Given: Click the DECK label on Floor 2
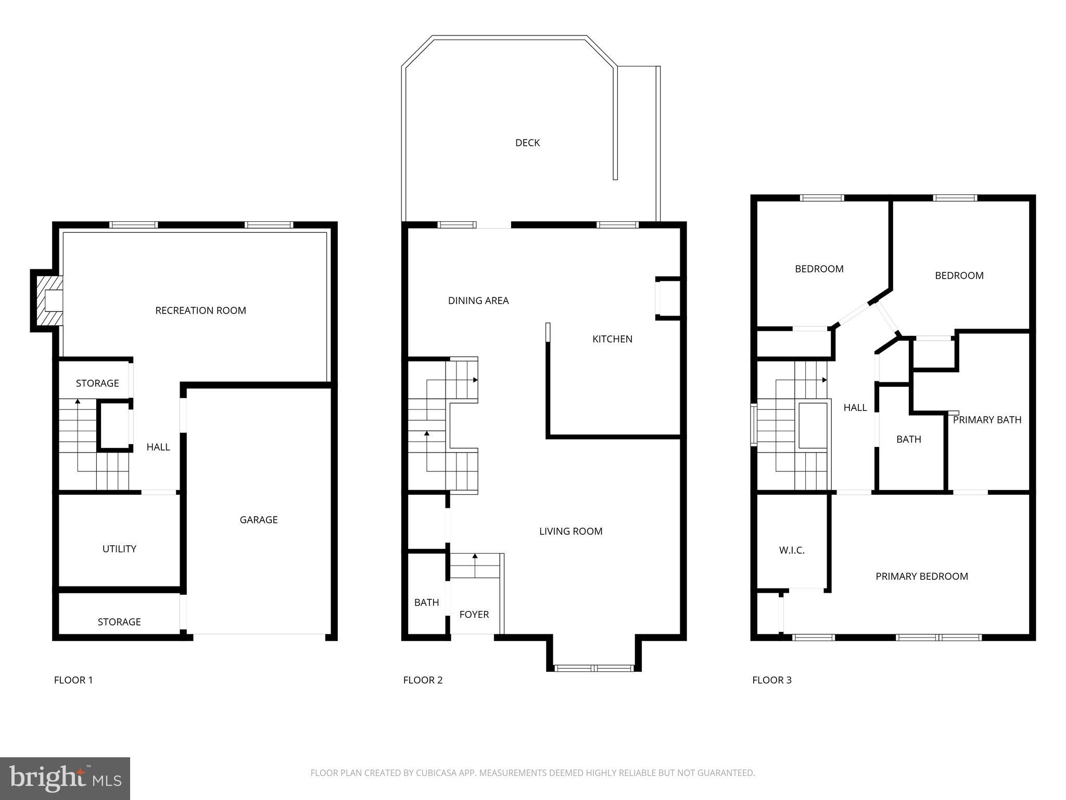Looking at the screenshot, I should coord(527,143).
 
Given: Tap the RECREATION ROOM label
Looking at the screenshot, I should coord(200,310).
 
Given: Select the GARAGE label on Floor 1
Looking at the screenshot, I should coord(258,520).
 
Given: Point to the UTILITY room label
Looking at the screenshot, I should coord(119,549).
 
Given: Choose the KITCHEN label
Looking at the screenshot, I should coord(612,339).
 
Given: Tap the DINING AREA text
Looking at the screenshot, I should coord(478,301).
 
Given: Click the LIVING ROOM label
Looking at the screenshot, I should coord(570,531).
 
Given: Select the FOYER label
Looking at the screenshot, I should coord(474,615).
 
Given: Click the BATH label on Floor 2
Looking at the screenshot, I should coord(426,603).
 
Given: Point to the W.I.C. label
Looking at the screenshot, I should coord(792,550).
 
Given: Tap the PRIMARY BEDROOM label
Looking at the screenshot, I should coord(921,577).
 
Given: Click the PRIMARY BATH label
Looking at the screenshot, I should coord(987,420).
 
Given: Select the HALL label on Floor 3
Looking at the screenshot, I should coord(855,408).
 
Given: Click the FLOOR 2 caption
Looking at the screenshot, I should coord(423,680).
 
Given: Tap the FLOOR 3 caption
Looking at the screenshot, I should coord(771,680).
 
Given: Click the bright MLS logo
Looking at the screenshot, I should coord(65,778).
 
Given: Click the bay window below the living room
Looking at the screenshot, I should coord(593,668).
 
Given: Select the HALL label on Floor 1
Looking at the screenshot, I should coord(158,447).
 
